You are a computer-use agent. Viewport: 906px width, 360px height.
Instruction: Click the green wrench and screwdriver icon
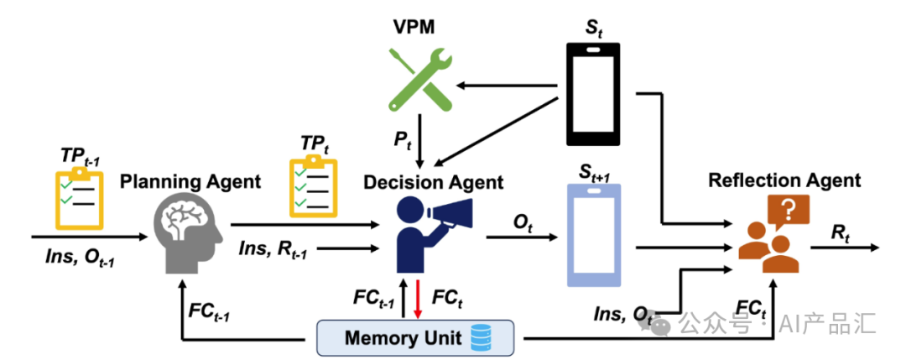tap(420, 79)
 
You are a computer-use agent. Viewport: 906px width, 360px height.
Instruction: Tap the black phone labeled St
tap(593, 94)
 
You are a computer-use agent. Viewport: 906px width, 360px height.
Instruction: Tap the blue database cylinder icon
tap(480, 338)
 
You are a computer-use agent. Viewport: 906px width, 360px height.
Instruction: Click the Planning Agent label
tap(190, 183)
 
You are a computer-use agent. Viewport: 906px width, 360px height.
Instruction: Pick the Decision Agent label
tap(433, 183)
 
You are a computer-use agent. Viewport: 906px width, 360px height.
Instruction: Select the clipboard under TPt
tap(313, 185)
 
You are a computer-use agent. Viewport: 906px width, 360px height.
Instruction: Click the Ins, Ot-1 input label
tap(79, 258)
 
